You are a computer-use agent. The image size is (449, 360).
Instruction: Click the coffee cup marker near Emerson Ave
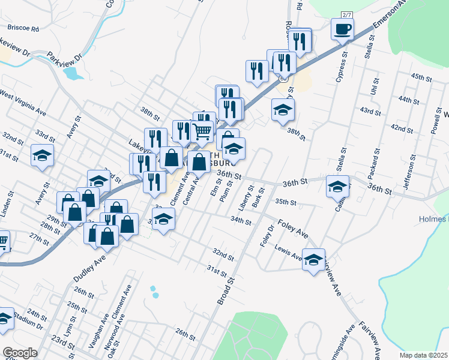point(342,29)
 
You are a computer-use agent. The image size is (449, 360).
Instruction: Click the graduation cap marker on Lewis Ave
point(313,260)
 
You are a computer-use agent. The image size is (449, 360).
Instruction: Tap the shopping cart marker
point(203,130)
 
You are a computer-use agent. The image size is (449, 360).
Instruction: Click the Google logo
point(20,353)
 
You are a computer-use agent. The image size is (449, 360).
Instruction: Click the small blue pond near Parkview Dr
point(73,73)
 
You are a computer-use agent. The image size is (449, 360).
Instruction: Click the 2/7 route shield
point(346,14)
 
